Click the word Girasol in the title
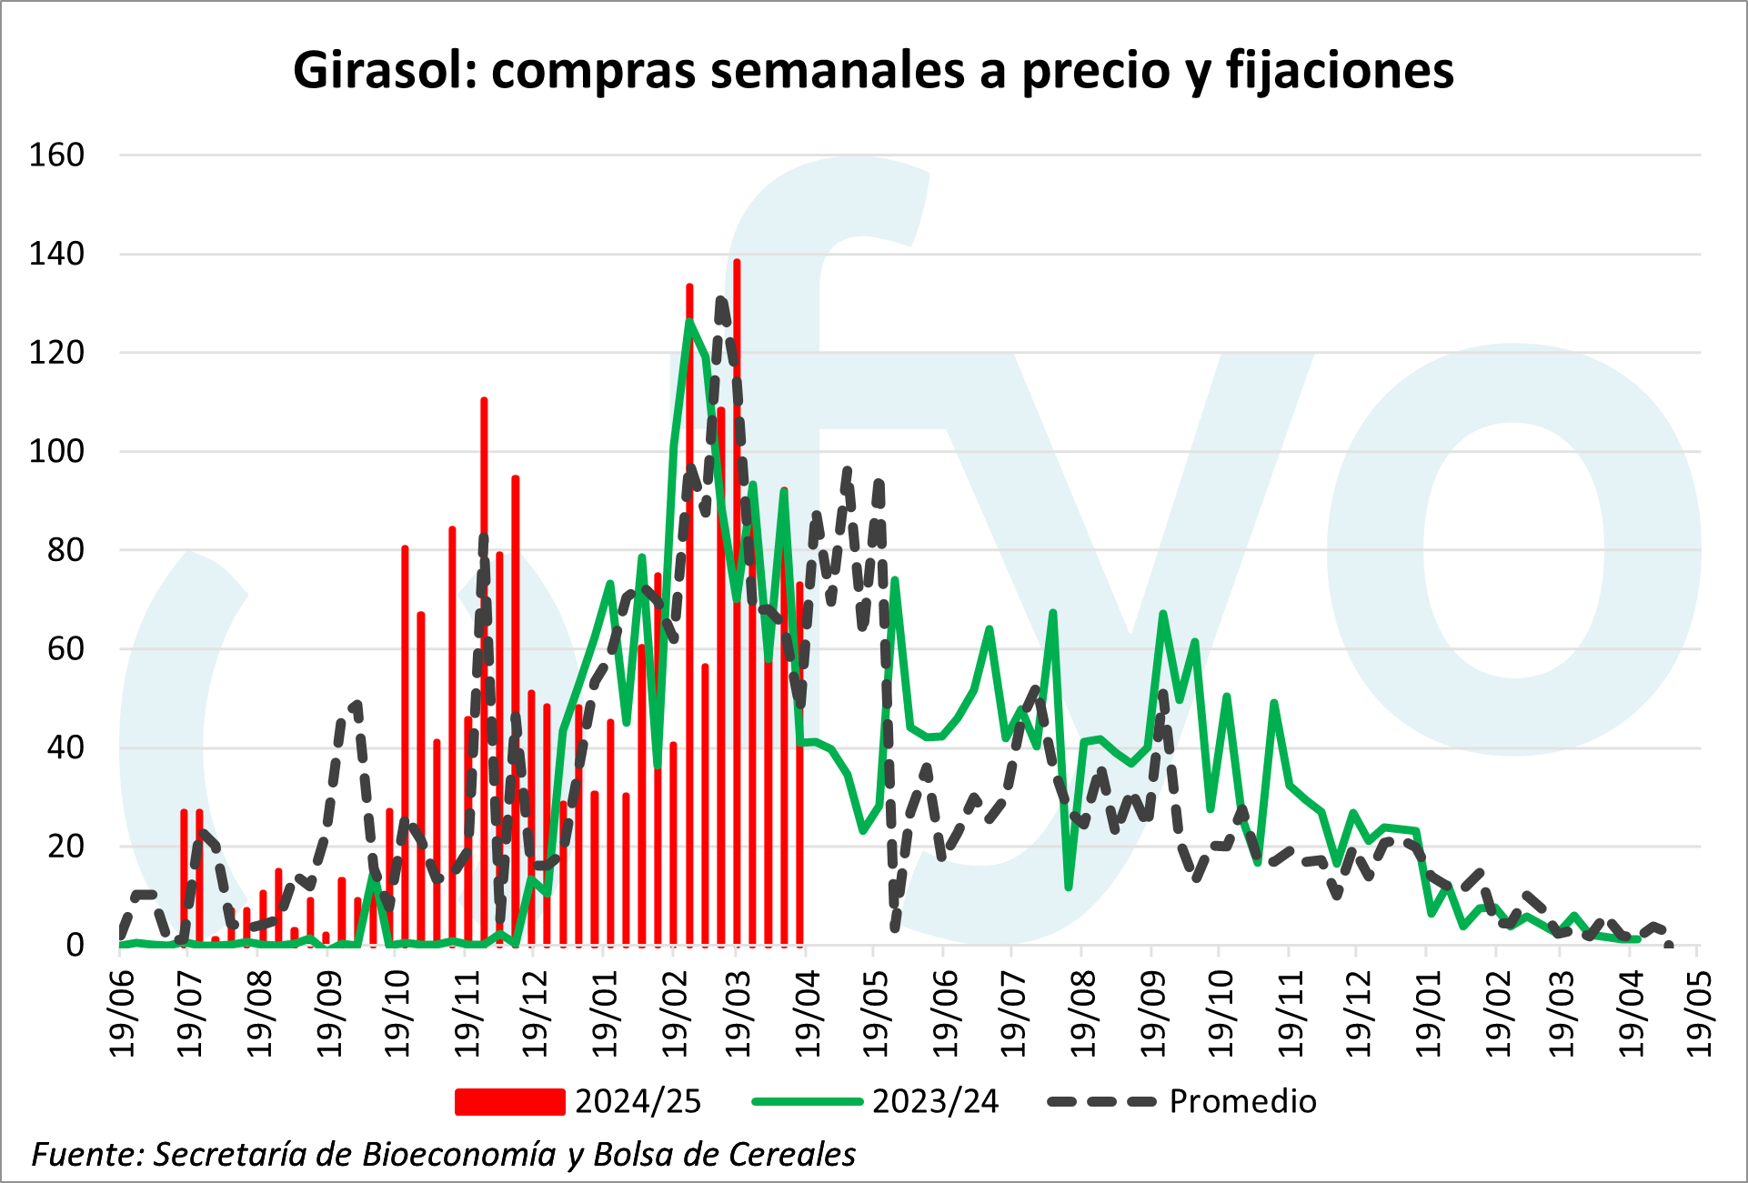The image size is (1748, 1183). [x=383, y=70]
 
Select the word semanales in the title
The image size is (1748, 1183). [x=837, y=70]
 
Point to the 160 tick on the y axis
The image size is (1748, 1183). [x=56, y=155]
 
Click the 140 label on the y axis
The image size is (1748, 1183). [x=56, y=254]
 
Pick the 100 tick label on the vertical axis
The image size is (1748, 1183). [x=56, y=451]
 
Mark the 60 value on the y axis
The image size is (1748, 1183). [x=65, y=648]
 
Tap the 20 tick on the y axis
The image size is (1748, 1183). [x=65, y=847]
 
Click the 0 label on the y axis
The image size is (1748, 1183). [x=75, y=946]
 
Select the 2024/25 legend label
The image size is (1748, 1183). [x=638, y=1102]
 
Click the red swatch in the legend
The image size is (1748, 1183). [x=509, y=1102]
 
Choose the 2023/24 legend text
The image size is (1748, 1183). [x=935, y=1102]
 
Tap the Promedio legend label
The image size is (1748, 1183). [x=1242, y=1102]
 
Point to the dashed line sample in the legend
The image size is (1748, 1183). [x=1101, y=1102]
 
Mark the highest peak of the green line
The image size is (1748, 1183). [x=689, y=320]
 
